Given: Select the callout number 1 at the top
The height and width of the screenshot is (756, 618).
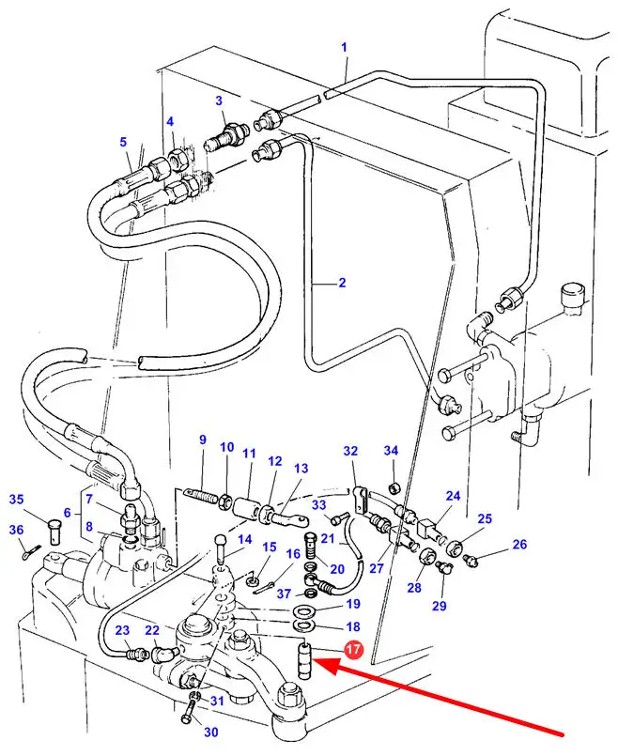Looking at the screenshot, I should tap(344, 47).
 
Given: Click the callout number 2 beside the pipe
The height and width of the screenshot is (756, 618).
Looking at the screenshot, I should tap(342, 283).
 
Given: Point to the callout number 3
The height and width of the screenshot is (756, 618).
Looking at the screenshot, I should tap(218, 100).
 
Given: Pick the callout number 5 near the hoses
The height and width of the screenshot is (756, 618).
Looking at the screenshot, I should tap(122, 142).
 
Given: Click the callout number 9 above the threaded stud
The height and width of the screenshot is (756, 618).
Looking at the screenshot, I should tap(201, 440).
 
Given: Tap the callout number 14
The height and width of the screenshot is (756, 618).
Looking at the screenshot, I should tap(245, 539).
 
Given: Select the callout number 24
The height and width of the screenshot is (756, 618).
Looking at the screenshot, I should tap(453, 496).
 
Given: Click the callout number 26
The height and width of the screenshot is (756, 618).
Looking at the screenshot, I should tap(519, 545).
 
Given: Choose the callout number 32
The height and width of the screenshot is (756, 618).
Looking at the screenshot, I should tap(350, 452).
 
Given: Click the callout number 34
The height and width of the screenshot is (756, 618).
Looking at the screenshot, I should tap(391, 451).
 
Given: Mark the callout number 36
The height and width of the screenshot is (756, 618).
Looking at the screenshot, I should tap(16, 531).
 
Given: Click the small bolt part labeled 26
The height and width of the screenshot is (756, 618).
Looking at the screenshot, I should tap(471, 561).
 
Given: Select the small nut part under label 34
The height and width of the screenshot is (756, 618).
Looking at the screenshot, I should tap(394, 486).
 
